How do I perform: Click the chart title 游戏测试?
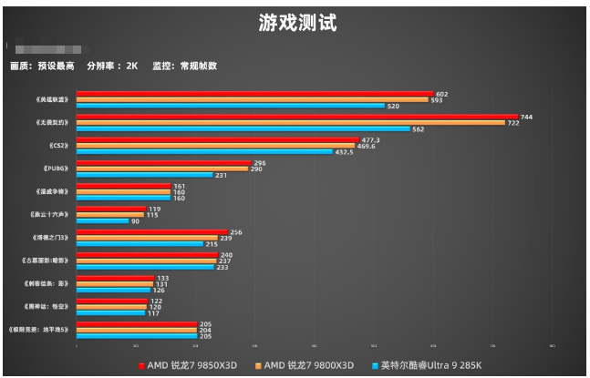(295, 25)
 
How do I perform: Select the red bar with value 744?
(297, 117)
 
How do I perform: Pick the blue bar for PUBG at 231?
(145, 175)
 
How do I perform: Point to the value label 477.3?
(369, 140)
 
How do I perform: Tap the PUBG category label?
(56, 169)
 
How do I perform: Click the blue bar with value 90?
(102, 221)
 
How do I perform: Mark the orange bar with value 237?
(146, 261)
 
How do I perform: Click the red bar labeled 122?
(111, 301)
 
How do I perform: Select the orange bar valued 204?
(136, 331)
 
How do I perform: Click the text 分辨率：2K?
(112, 66)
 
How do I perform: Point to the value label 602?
(442, 94)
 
